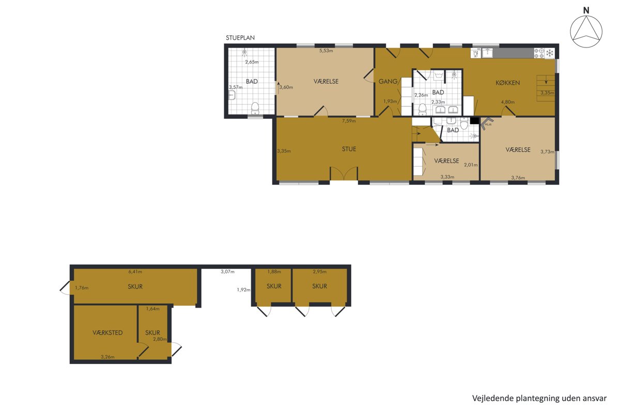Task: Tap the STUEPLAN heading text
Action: coord(240,38)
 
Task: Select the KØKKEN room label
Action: coord(507,83)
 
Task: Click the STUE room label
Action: coord(349,149)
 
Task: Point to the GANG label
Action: coord(388,82)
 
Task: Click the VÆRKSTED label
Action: coord(107,333)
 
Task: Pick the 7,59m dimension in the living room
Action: coord(349,121)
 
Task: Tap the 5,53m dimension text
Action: coord(326,51)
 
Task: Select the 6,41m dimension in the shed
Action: coord(135,272)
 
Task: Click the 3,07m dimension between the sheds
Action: coord(227,272)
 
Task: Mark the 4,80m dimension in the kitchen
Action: coord(508,102)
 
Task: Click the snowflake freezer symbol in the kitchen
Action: coord(549,53)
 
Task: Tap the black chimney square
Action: coord(474,121)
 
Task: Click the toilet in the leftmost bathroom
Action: coord(255,108)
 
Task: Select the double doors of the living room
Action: coord(344,173)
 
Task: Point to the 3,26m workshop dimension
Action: coord(107,357)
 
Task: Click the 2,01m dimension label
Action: coord(471,165)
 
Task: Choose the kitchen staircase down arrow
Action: coord(546,82)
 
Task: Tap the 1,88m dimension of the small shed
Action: coord(274,272)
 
